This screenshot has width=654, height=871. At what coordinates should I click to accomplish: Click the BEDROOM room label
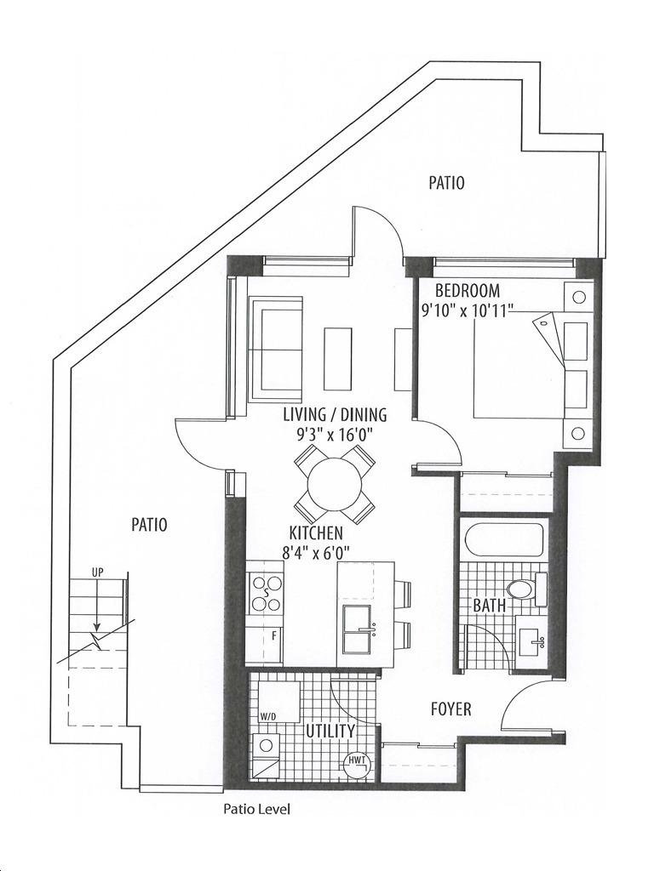click(x=468, y=291)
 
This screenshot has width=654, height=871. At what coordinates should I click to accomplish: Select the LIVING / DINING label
click(x=335, y=414)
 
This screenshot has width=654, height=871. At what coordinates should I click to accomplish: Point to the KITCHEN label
click(x=316, y=533)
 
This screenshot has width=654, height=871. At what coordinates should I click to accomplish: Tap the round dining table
click(x=335, y=483)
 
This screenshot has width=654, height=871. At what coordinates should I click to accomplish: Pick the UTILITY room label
click(x=330, y=731)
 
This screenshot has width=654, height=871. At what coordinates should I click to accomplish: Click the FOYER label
click(x=451, y=709)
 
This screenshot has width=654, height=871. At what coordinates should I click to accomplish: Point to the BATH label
click(x=490, y=605)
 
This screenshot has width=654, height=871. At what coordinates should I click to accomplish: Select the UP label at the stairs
click(x=97, y=572)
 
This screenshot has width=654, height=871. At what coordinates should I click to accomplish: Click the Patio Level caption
click(x=256, y=810)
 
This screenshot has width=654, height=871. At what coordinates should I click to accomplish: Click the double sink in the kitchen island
click(x=357, y=630)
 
